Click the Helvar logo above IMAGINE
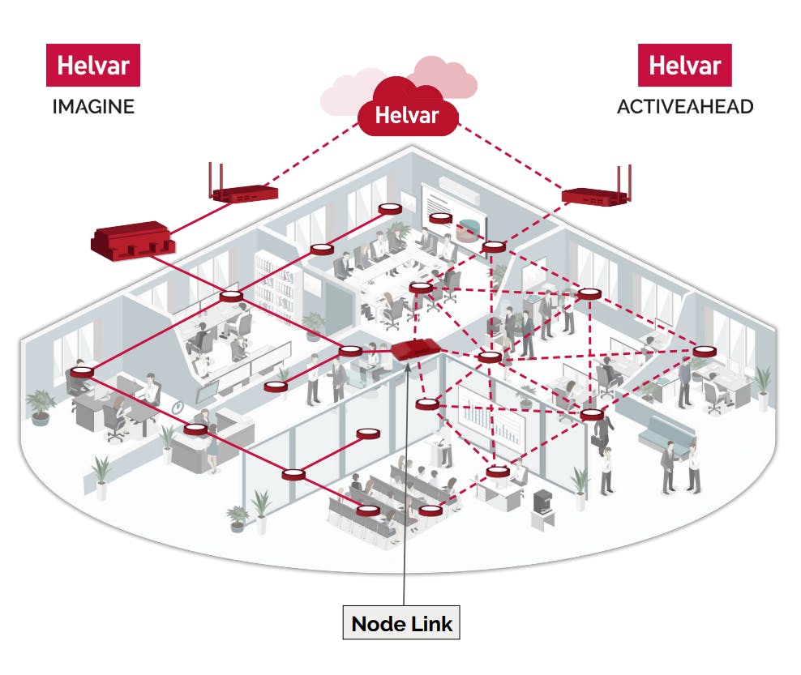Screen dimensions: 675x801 pyautogui.click(x=93, y=66)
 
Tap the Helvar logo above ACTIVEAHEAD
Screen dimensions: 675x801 pyautogui.click(x=684, y=65)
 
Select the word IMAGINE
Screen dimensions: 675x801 pyautogui.click(x=93, y=107)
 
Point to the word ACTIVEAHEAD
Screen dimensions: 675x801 pyautogui.click(x=685, y=107)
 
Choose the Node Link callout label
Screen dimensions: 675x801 pyautogui.click(x=403, y=624)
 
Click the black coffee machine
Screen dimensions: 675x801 pyautogui.click(x=541, y=503)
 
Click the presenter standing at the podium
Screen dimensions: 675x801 pyautogui.click(x=445, y=442)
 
